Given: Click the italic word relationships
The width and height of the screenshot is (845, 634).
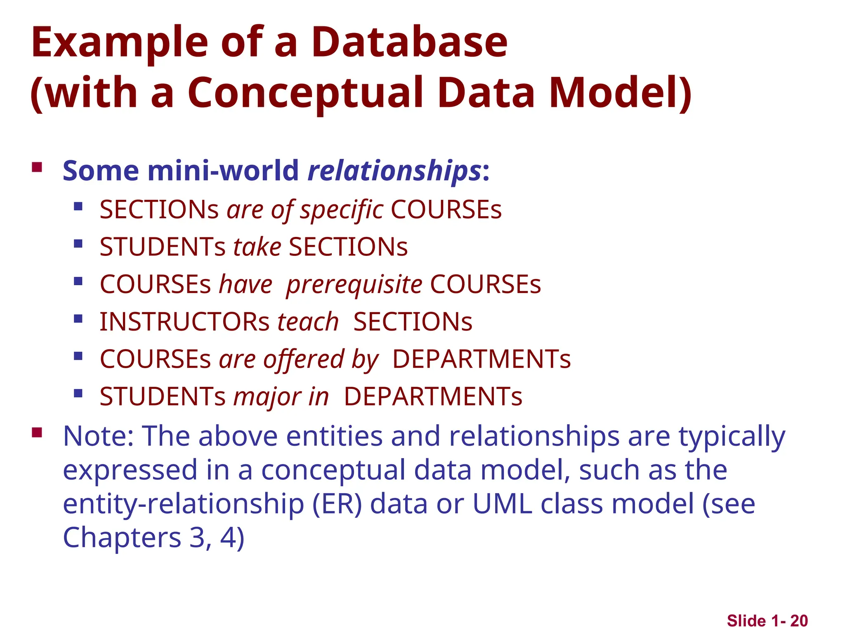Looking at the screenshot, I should tap(394, 171).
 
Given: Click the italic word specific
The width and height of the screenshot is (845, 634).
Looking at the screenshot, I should tap(341, 210).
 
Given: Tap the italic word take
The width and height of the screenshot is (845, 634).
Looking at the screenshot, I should tap(257, 247).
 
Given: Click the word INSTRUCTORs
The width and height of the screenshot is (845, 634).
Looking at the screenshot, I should tap(184, 322).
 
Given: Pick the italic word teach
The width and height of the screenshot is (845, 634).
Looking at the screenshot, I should tap(308, 322).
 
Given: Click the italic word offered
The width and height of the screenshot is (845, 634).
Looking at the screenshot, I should tap(304, 359).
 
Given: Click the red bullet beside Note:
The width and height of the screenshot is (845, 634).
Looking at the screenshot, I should tap(37, 433).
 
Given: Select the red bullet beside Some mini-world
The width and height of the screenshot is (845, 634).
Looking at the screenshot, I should tap(37, 167).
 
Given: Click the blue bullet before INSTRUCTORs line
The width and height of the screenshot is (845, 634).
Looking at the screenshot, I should tap(78, 319).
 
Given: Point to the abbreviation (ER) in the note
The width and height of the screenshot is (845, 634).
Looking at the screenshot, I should tap(337, 504).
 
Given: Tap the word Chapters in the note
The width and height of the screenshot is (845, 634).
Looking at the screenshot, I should tap(122, 538).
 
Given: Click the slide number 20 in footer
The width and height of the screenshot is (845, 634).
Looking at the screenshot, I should tap(799, 621).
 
